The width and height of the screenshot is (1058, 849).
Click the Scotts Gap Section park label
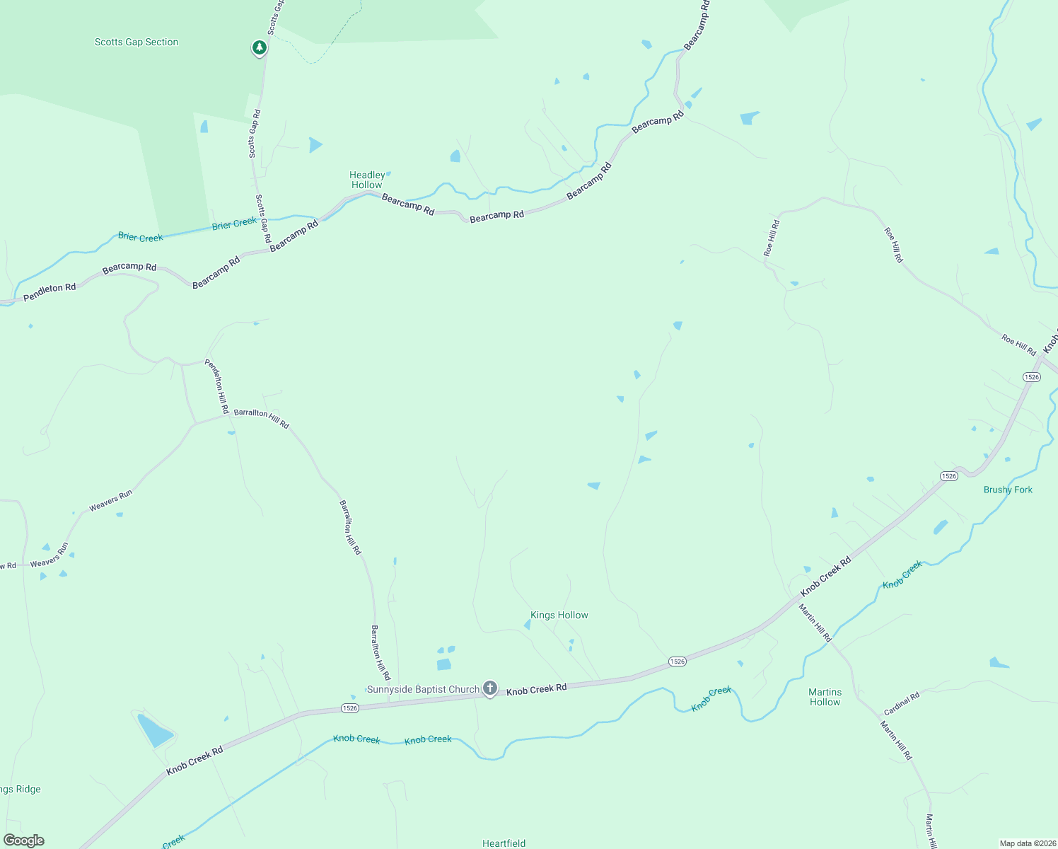tap(136, 42)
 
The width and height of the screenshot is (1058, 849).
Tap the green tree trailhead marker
tap(260, 48)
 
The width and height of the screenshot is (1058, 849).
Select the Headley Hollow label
tap(367, 180)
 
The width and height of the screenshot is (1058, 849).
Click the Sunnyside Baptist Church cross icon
tap(489, 688)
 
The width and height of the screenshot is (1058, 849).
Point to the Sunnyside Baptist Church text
tap(423, 689)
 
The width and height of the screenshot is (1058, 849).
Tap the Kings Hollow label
tap(559, 615)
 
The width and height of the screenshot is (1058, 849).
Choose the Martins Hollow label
tap(825, 697)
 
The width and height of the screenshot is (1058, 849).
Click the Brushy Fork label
tap(1008, 490)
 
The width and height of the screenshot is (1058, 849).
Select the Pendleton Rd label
tap(50, 292)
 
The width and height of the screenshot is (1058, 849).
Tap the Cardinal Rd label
tap(902, 703)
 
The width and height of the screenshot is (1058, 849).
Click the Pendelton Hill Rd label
tap(217, 386)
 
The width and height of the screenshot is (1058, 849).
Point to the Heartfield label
tap(504, 843)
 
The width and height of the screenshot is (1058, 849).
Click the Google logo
tap(24, 841)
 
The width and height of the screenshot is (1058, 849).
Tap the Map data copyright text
tap(1026, 843)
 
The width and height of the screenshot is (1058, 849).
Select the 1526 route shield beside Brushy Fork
tap(949, 476)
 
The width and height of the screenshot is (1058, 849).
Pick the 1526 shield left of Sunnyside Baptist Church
tap(349, 708)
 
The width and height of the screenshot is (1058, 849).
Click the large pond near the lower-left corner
tap(155, 731)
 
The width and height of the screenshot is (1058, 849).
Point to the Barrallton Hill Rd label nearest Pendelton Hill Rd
tap(261, 417)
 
